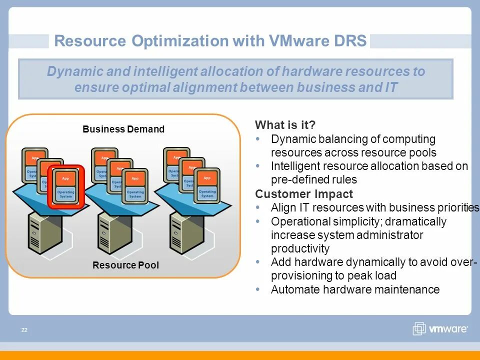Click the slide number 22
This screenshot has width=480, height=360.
pyautogui.click(x=24, y=330)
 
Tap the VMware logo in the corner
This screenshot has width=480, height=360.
pyautogui.click(x=440, y=328)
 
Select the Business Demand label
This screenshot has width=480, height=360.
pyautogui.click(x=123, y=129)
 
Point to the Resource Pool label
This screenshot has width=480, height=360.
pyautogui.click(x=125, y=265)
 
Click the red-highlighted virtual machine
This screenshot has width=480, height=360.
pyautogui.click(x=66, y=185)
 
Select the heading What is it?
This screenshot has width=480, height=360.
pyautogui.click(x=285, y=125)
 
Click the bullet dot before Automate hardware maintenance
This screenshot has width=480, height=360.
pyautogui.click(x=257, y=289)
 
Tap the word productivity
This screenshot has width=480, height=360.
pyautogui.click(x=300, y=248)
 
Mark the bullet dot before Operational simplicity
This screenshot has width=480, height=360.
pyautogui.click(x=257, y=221)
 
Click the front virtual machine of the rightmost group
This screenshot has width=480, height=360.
pyautogui.click(x=207, y=185)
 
